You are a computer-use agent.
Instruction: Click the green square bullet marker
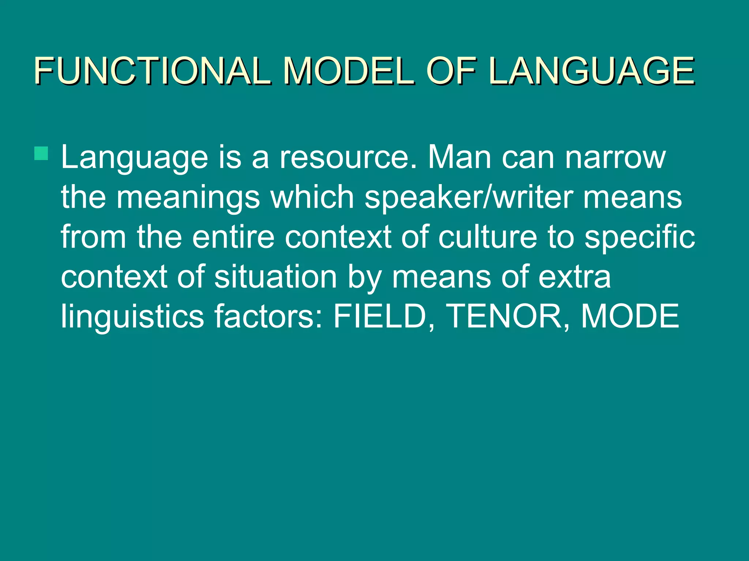(41, 153)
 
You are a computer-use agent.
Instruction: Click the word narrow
(615, 158)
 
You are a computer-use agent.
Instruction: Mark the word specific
(639, 237)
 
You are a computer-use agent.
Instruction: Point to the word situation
(275, 277)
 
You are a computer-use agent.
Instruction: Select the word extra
(575, 277)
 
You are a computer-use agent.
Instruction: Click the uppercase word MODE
(630, 316)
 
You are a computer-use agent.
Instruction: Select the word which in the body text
(312, 197)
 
